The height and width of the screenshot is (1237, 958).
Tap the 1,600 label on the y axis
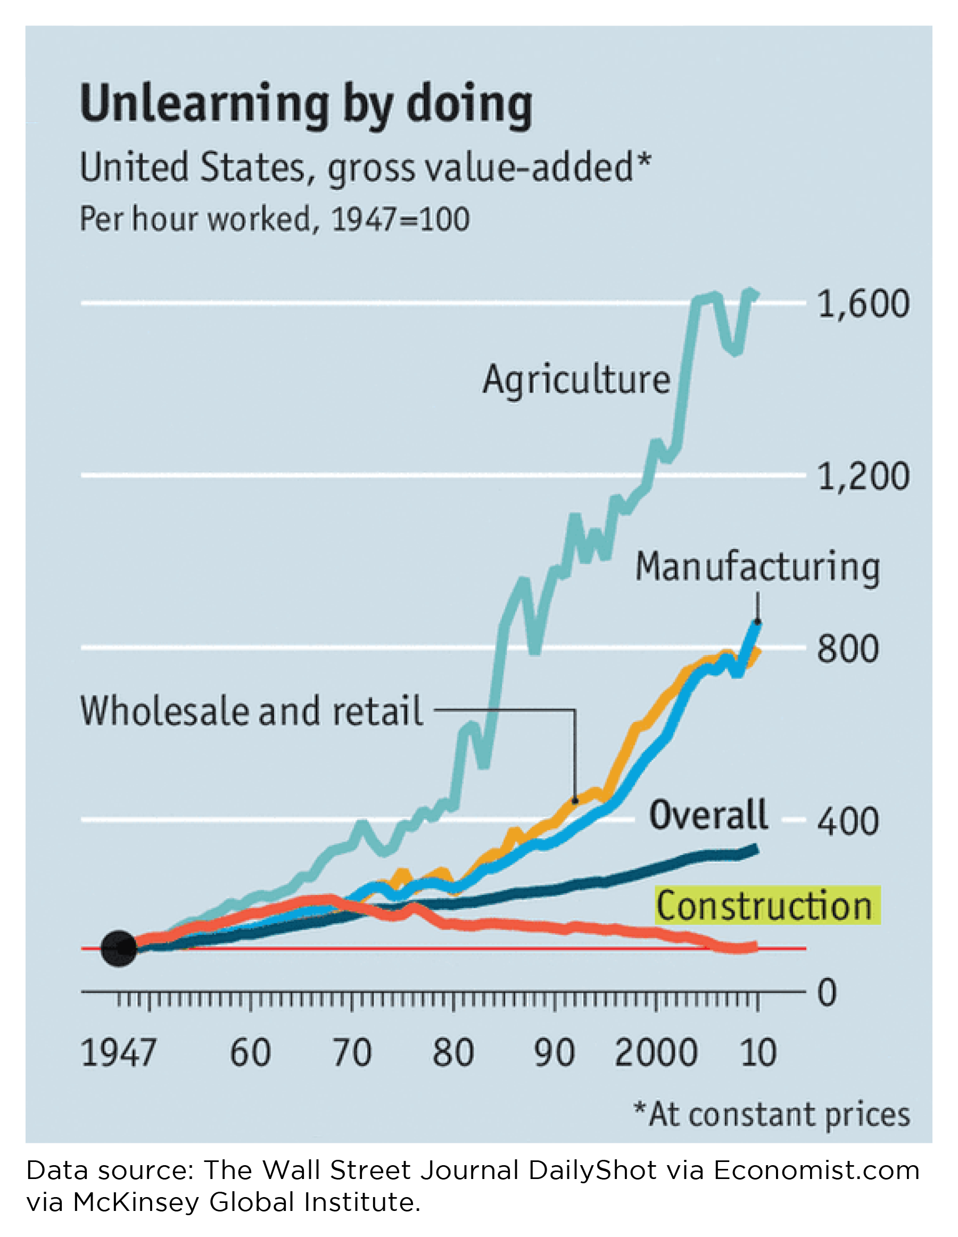(x=863, y=304)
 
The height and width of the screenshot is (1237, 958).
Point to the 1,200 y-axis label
(x=863, y=476)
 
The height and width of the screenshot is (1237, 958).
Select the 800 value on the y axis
(x=847, y=649)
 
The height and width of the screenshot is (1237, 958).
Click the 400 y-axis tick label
(x=847, y=821)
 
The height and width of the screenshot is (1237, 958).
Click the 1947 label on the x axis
(x=118, y=1052)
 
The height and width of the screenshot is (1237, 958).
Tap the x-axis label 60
(x=250, y=1052)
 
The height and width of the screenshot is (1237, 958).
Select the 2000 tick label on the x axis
(x=656, y=1052)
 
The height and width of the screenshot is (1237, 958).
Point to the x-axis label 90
(x=554, y=1052)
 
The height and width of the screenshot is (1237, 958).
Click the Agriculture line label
(x=576, y=379)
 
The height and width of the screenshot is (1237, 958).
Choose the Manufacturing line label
(x=757, y=567)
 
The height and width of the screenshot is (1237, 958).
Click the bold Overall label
(x=709, y=815)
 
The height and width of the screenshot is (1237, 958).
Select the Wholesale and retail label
(x=252, y=710)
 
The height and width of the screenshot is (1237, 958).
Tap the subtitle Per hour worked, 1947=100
(x=275, y=219)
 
